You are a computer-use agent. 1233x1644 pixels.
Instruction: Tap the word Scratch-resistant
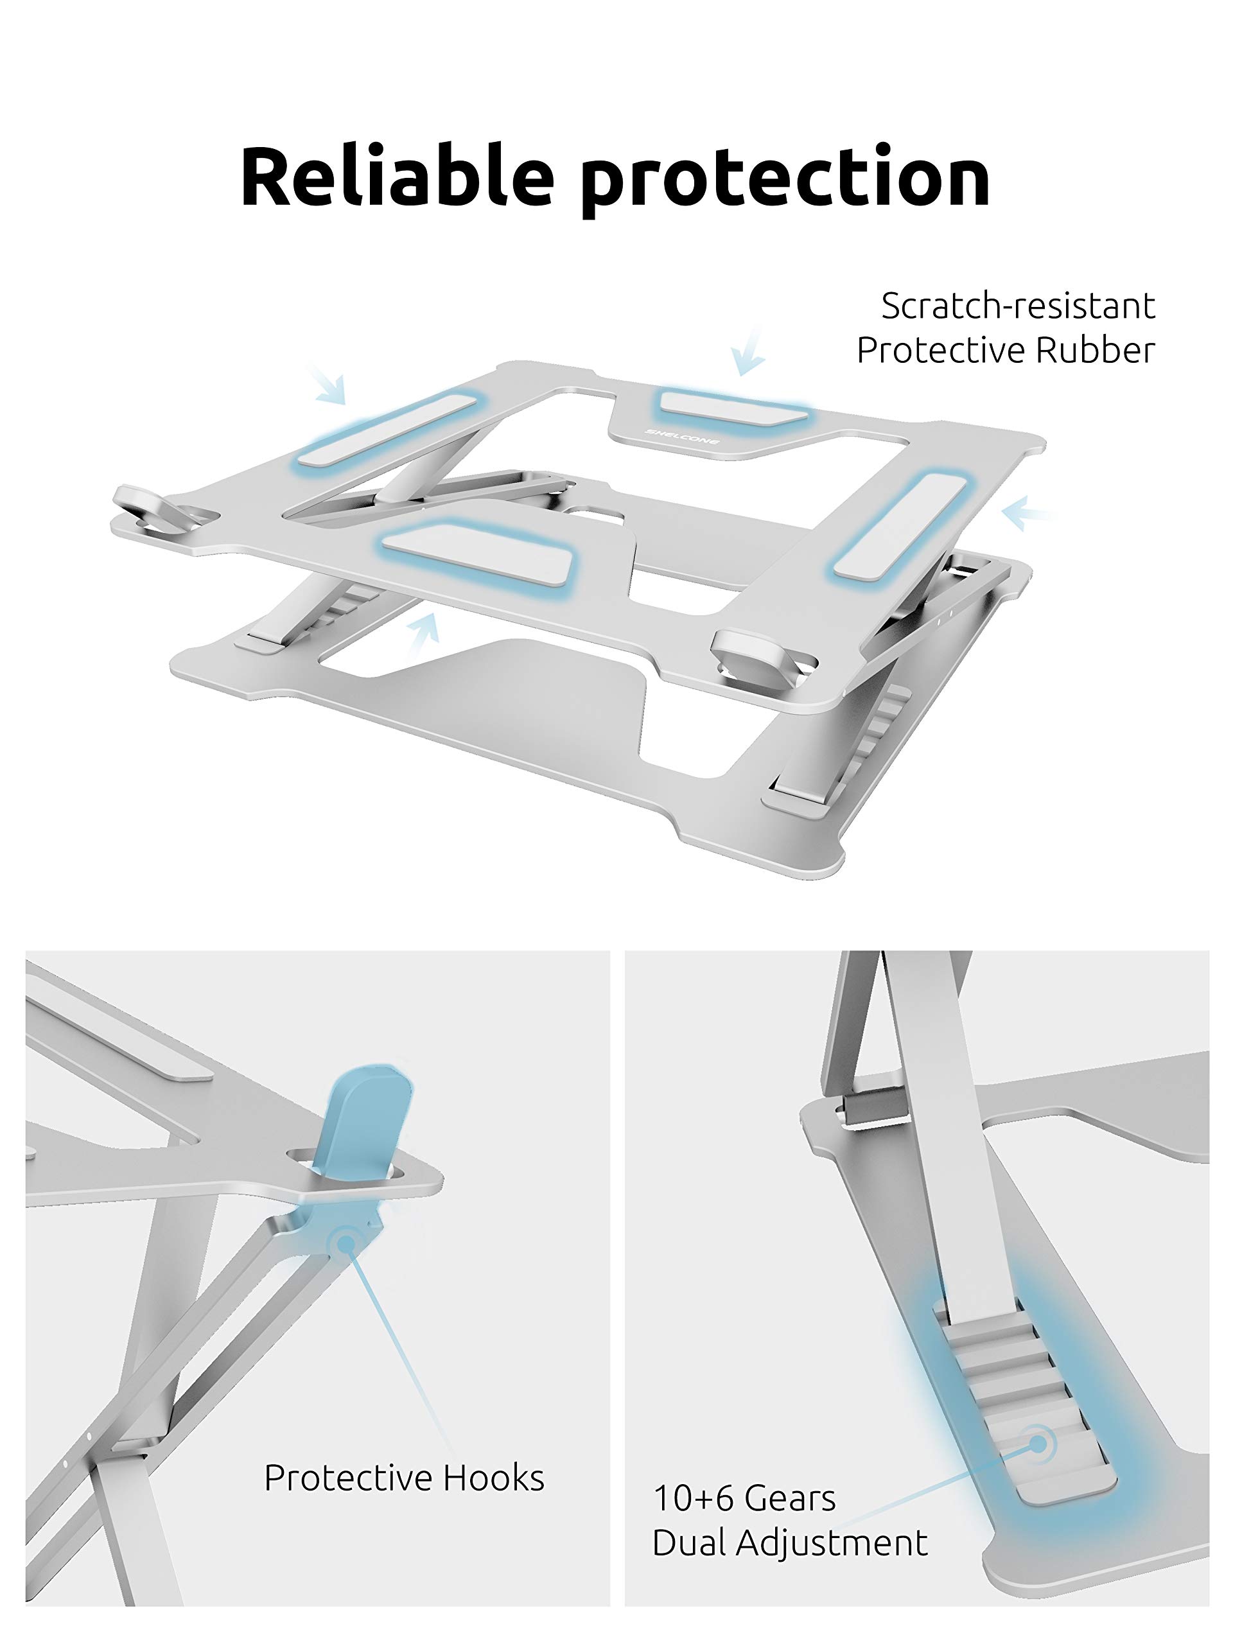pos(1017,306)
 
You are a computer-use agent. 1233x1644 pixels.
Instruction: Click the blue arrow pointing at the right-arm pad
pos(1028,513)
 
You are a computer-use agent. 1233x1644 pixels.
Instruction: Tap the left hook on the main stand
pos(152,509)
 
